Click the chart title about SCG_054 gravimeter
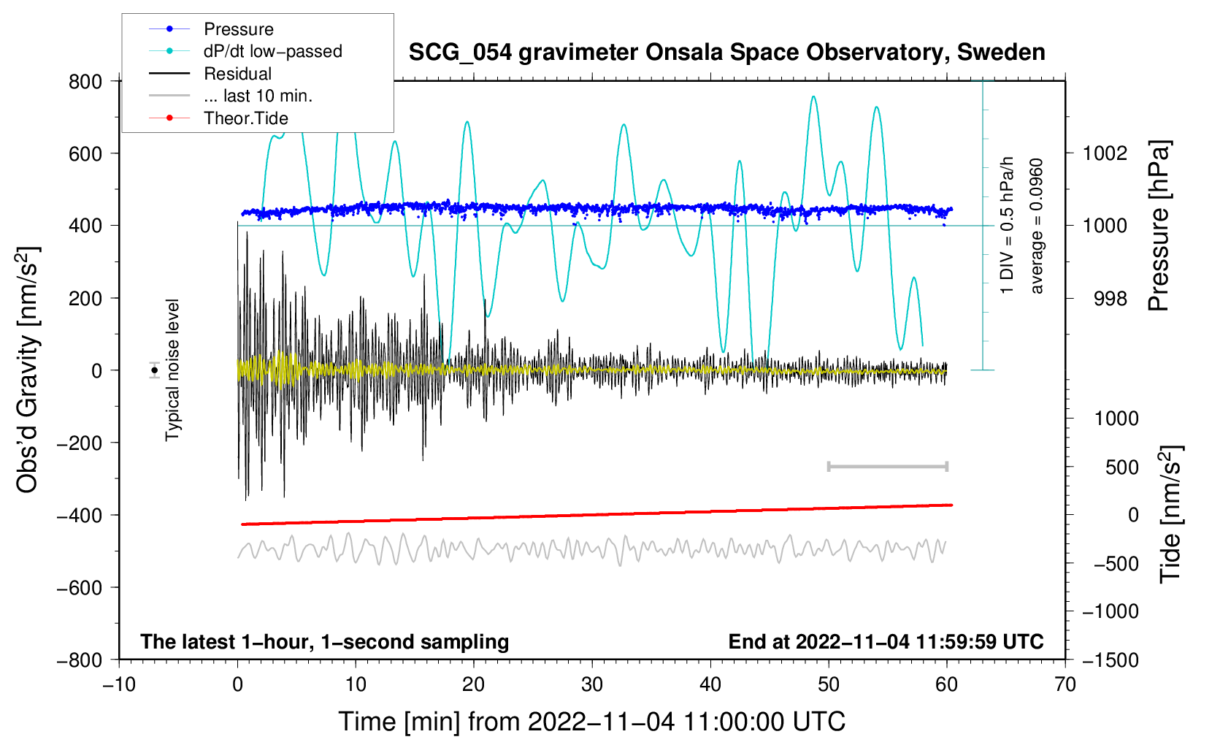click(726, 53)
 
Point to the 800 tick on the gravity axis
click(85, 81)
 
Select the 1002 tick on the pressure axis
click(1105, 153)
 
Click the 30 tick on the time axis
click(592, 684)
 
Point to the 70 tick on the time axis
click(1065, 684)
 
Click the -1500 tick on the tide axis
click(1111, 660)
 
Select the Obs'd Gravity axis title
click(28, 370)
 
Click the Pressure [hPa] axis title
click(1159, 226)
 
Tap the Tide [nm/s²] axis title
click(1170, 513)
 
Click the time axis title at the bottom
click(591, 722)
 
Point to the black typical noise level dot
click(154, 370)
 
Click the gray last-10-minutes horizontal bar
click(887, 466)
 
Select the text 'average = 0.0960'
click(1037, 226)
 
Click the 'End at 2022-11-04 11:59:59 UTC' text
click(886, 641)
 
